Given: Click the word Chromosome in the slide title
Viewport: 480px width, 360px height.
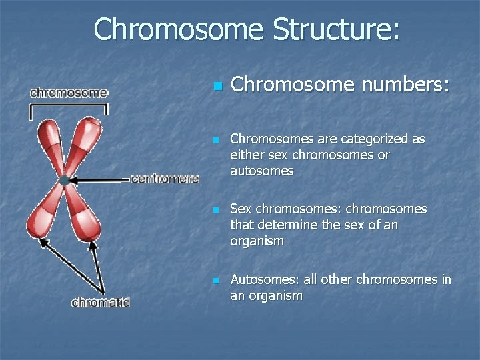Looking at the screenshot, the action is pyautogui.click(x=178, y=29).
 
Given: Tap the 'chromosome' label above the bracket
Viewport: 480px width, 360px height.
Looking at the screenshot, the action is pyautogui.click(x=69, y=93).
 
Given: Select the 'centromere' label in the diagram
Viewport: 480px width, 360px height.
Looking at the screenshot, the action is pyautogui.click(x=165, y=179).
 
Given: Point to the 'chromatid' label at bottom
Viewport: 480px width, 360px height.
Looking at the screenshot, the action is pyautogui.click(x=101, y=303).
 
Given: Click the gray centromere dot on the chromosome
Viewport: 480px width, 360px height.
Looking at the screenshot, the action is pyautogui.click(x=65, y=180).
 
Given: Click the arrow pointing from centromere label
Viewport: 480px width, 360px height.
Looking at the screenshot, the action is pyautogui.click(x=100, y=180).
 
